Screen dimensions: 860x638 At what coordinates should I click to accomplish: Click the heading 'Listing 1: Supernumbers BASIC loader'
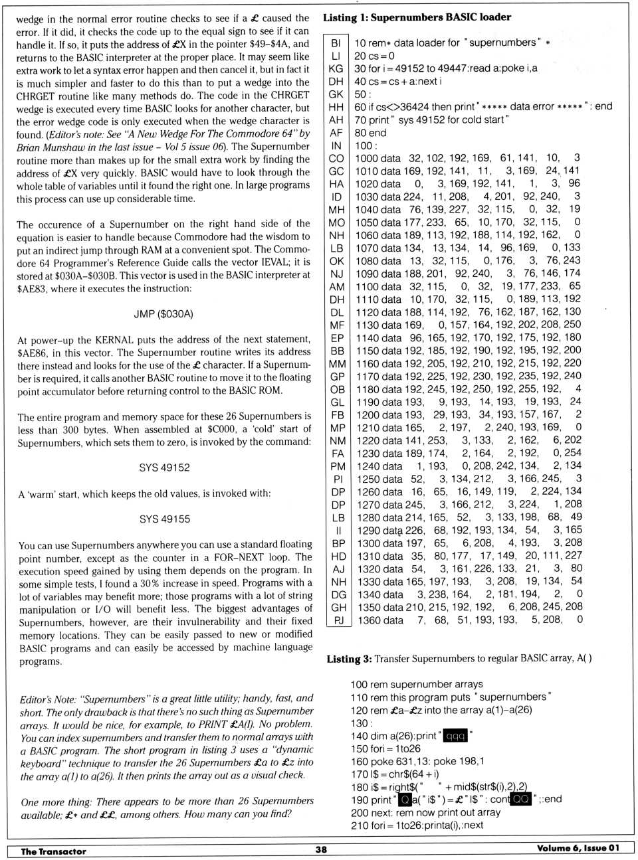tap(417, 17)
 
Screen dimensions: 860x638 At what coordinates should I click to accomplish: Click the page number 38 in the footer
tap(321, 849)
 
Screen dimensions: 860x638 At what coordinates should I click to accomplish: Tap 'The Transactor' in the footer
tap(53, 851)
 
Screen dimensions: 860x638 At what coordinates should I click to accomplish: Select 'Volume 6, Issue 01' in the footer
tap(578, 848)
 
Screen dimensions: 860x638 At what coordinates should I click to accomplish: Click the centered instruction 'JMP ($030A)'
tap(163, 313)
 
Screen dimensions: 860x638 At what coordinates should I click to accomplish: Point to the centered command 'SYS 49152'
tap(164, 468)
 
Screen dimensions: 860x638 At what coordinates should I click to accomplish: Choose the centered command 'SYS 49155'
tap(164, 519)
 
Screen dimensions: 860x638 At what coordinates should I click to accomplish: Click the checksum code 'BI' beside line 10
tap(336, 43)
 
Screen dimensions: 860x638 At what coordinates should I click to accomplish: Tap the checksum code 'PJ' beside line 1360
tap(338, 620)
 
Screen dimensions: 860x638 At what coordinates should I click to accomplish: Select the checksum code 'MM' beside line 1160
tap(337, 364)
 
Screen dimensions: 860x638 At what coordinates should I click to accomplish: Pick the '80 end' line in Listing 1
tap(370, 133)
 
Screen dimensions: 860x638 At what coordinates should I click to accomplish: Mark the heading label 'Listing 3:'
tap(349, 659)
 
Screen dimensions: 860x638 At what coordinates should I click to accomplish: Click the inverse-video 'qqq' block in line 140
tap(455, 736)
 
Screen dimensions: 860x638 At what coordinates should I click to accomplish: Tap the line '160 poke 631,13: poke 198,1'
tap(417, 761)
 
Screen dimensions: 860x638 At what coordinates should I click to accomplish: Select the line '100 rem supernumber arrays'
tap(416, 684)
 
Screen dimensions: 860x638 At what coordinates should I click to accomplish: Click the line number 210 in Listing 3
tap(359, 825)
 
